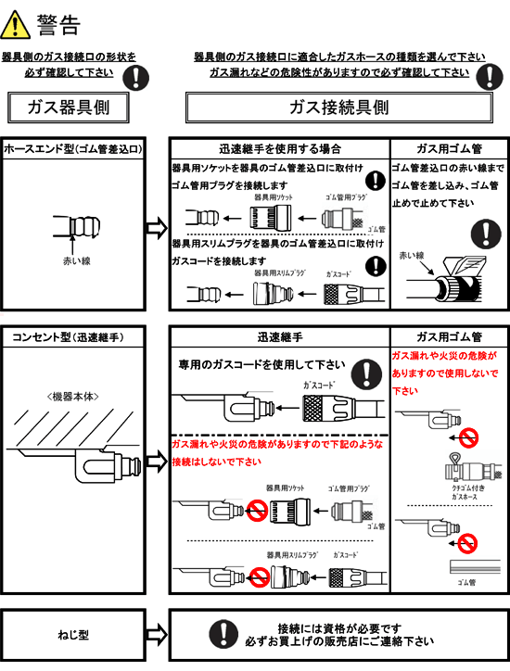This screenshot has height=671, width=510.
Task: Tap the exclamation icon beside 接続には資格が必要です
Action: (220, 634)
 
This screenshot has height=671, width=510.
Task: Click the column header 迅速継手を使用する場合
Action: (278, 148)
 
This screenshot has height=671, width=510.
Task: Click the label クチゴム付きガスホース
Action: (464, 498)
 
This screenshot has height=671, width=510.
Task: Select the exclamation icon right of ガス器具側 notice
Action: (136, 76)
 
